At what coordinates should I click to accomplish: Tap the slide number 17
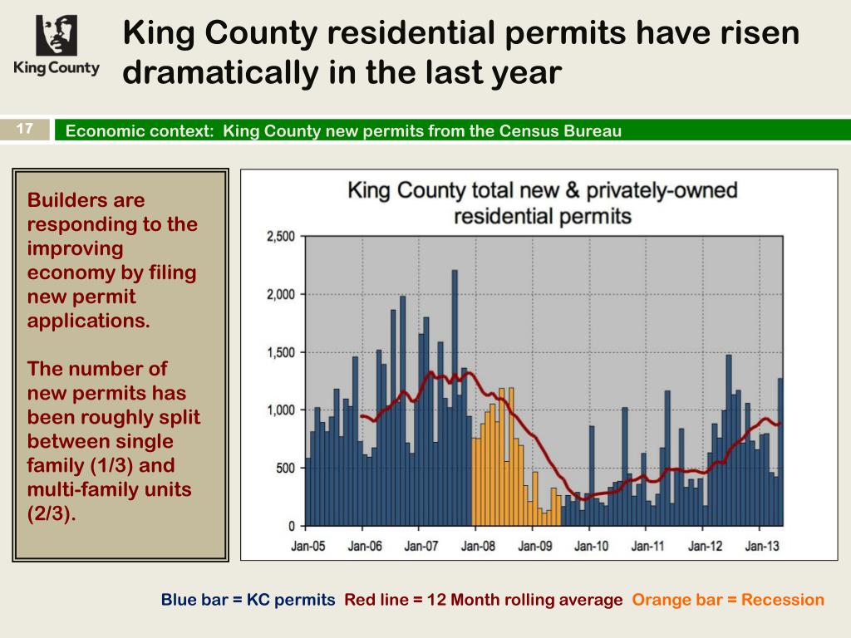coord(25,129)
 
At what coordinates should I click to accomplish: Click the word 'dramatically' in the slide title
coord(217,72)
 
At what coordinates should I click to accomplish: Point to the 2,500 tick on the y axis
coord(280,237)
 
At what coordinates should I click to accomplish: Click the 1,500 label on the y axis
coord(280,352)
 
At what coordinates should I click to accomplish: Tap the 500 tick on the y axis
coord(286,469)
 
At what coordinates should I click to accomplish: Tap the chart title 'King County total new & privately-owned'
coord(542,190)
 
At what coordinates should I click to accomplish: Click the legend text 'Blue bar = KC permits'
coord(248,600)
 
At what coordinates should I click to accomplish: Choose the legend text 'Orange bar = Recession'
coord(728,600)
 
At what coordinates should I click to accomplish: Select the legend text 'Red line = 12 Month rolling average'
coord(484,600)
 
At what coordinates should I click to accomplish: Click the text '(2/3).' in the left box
coord(52,513)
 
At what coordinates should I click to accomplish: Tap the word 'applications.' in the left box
coord(89,321)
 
